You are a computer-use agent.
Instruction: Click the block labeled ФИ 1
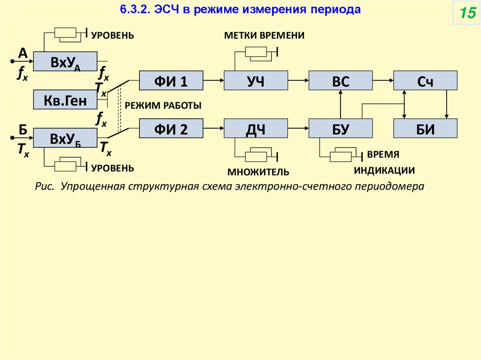[x=171, y=80]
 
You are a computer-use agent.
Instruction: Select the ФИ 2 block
[x=171, y=128]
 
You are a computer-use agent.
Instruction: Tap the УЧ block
[x=256, y=80]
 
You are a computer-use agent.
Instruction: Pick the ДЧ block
[x=256, y=128]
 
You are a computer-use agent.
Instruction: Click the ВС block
[x=341, y=80]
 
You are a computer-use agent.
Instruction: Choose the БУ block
[x=341, y=128]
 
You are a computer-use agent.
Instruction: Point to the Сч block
[x=425, y=80]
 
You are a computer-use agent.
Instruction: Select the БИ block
[x=425, y=128]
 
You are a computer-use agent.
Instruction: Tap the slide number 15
[x=467, y=14]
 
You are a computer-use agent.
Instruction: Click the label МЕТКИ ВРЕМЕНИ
[x=264, y=36]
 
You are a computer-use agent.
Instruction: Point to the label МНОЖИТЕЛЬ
[x=258, y=171]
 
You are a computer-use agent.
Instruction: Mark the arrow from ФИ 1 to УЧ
[x=213, y=80]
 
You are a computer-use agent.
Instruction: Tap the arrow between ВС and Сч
[x=383, y=80]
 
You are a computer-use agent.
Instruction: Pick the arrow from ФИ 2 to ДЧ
[x=213, y=128]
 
